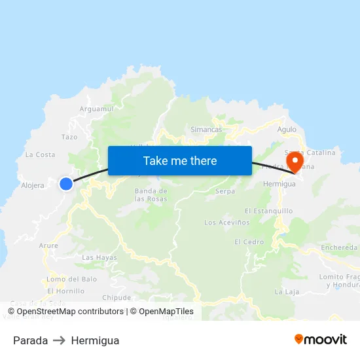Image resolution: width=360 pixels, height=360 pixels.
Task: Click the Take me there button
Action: (x=180, y=161)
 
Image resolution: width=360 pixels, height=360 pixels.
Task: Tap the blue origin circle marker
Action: (x=66, y=184)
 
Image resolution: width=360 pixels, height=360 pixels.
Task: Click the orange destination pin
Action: (x=295, y=162)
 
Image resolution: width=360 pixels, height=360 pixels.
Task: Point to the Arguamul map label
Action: (x=96, y=109)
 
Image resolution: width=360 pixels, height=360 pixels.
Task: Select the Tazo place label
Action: (x=69, y=137)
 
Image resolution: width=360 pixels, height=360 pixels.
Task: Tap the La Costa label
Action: (x=40, y=155)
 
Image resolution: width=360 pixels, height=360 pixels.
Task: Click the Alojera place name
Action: (x=33, y=185)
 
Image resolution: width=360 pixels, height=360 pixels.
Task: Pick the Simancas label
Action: (x=206, y=130)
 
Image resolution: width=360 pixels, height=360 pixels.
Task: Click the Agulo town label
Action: (x=287, y=130)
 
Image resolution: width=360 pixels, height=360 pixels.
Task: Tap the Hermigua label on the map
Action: (x=279, y=185)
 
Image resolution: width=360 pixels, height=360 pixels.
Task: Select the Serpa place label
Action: (x=225, y=192)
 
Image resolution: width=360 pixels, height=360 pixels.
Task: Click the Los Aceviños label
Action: (x=227, y=223)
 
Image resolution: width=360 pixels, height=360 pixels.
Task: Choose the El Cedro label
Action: (x=249, y=242)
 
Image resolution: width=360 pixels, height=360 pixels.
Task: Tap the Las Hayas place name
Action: (x=99, y=258)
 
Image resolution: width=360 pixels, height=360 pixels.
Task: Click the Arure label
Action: (x=48, y=246)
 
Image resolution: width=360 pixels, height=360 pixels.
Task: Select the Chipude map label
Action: (x=117, y=297)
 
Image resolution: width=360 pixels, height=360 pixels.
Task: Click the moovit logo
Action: (x=321, y=340)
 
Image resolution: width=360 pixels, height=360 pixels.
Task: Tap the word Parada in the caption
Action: (x=30, y=340)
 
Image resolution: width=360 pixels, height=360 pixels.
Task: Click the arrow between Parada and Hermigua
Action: (x=60, y=340)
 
